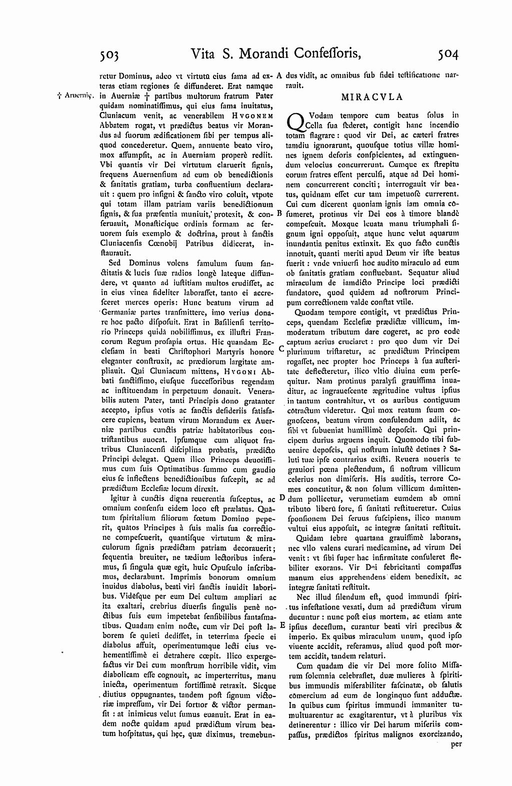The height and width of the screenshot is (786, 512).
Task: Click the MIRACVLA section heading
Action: (x=372, y=97)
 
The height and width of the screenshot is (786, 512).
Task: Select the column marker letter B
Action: (x=280, y=213)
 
